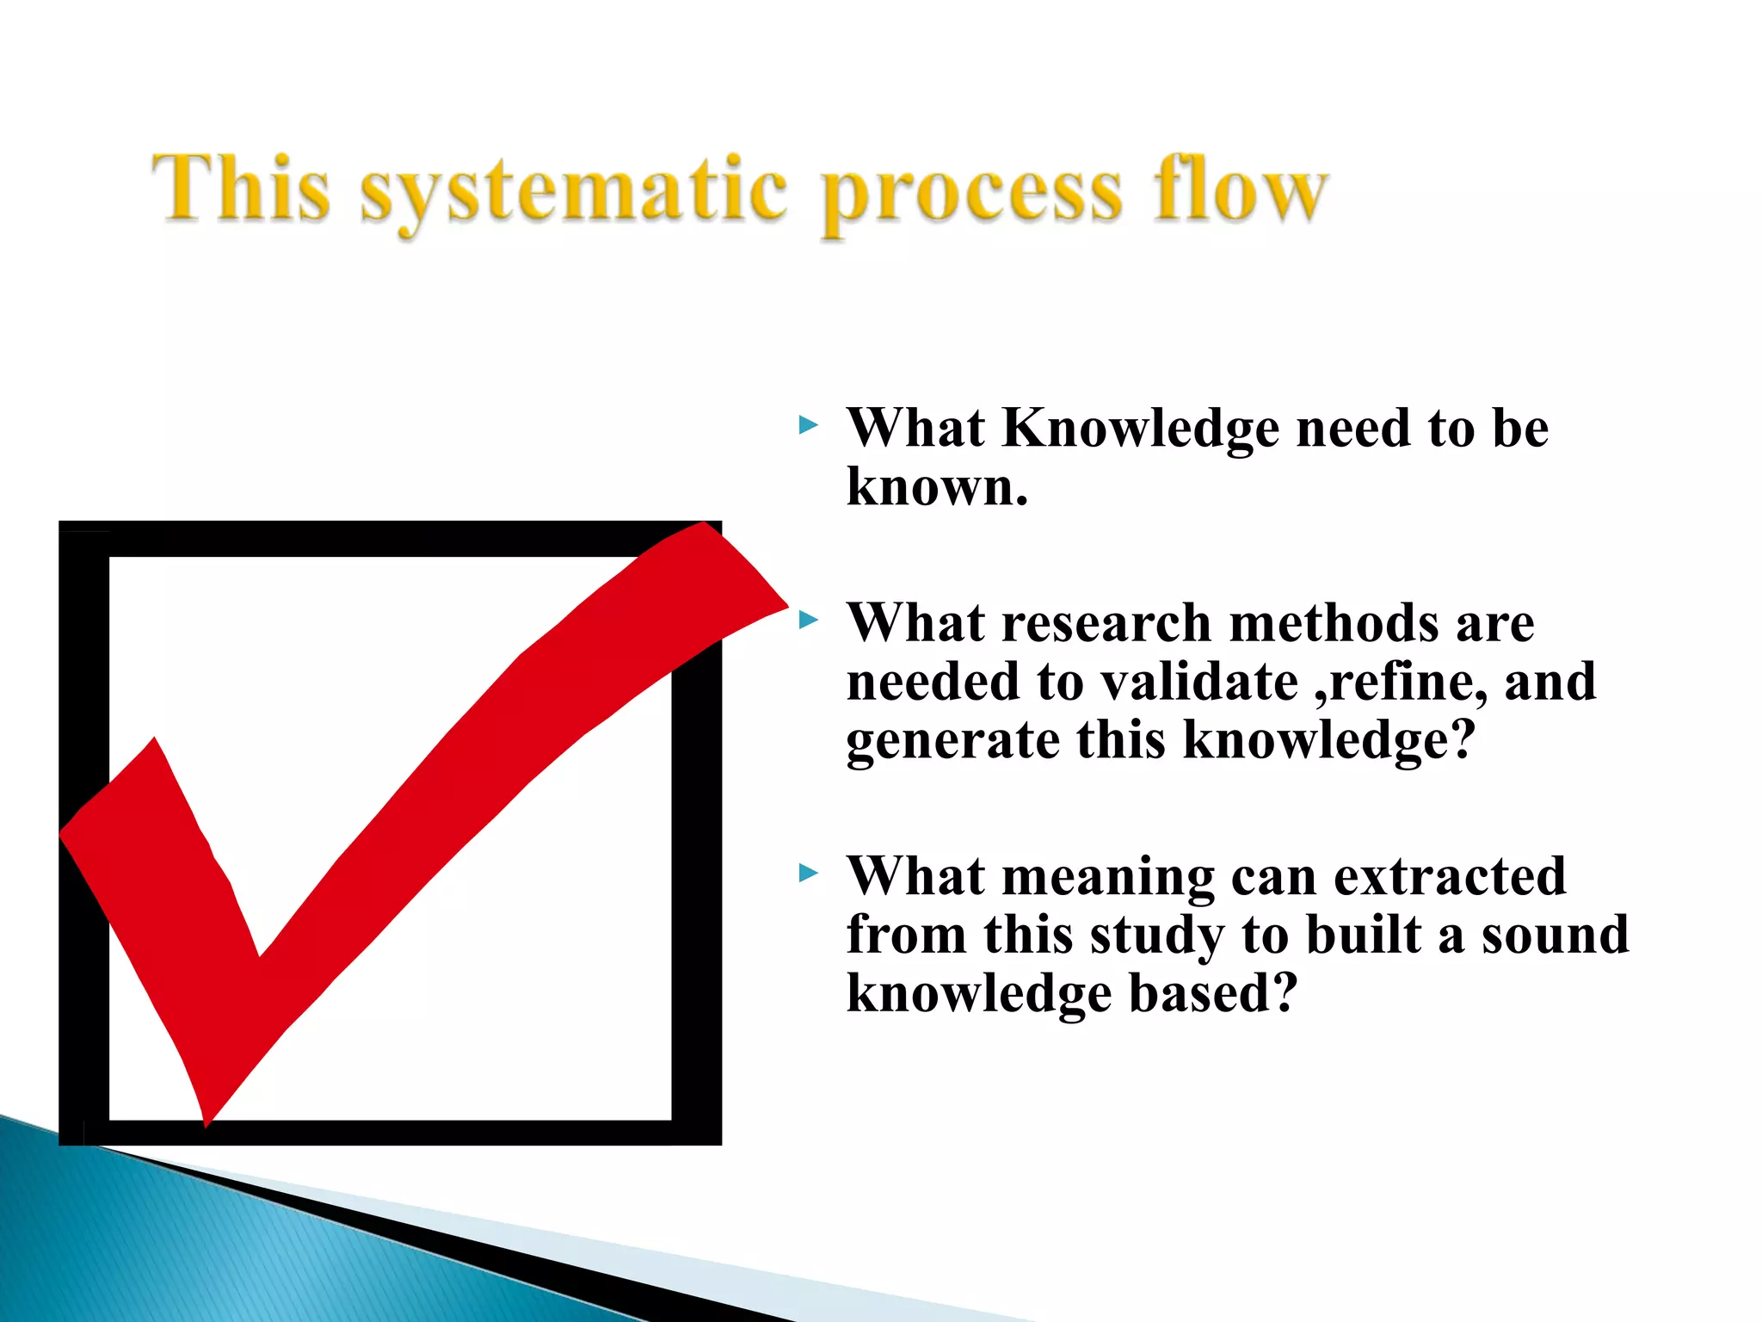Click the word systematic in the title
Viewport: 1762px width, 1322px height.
(573, 191)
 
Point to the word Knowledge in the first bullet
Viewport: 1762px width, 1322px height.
(1141, 429)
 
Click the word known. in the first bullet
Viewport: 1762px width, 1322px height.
(937, 487)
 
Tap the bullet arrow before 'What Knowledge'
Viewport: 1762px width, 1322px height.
(808, 424)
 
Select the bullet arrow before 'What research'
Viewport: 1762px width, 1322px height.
(808, 620)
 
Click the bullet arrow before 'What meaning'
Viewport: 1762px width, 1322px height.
(808, 874)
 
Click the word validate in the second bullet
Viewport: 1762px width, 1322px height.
(1199, 682)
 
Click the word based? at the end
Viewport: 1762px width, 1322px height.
(1212, 993)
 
